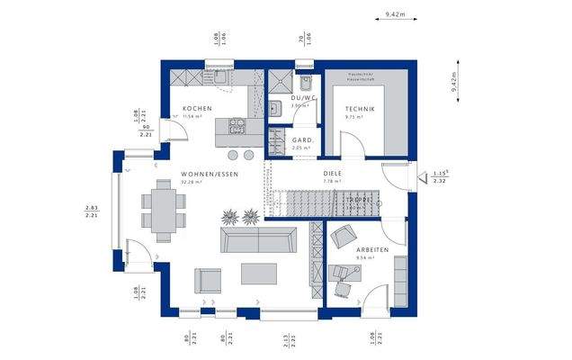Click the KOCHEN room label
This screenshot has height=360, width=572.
coord(196,109)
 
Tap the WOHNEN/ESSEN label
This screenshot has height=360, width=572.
coord(210,174)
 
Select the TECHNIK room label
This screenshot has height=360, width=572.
coord(359,109)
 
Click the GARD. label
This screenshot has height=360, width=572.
coord(302,140)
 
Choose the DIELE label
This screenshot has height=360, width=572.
coord(333,174)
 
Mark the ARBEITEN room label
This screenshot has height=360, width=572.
coord(371,249)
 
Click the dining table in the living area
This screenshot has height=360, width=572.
coord(164,210)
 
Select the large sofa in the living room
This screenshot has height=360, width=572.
coord(259,239)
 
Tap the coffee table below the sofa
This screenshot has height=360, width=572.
coord(259,273)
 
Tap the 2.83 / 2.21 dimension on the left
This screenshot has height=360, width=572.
coord(91,211)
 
